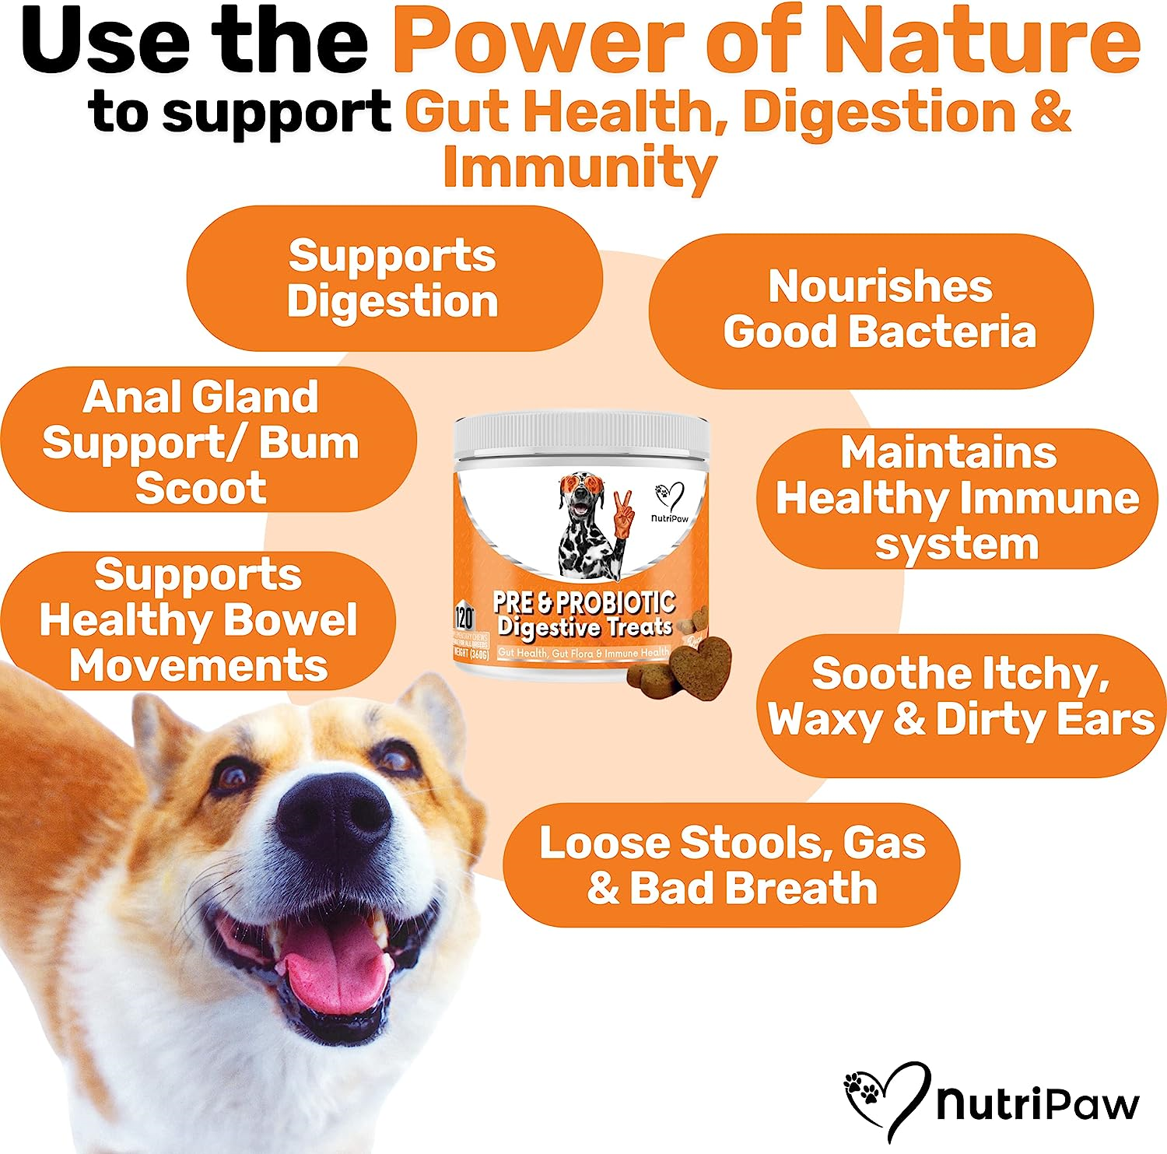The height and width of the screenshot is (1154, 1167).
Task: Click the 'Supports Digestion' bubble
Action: [393, 278]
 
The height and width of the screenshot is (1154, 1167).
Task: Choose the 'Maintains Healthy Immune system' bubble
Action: [957, 498]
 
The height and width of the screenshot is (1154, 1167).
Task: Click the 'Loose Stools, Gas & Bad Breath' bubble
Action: [731, 865]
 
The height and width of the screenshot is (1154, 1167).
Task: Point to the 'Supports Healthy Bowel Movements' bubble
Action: [198, 620]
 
